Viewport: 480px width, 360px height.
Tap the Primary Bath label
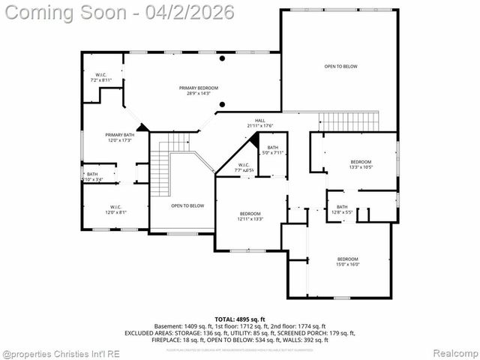[118, 137]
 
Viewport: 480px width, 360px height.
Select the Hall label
[260, 123]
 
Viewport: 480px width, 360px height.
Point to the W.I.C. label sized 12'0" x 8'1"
[115, 209]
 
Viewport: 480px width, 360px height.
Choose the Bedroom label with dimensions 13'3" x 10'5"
[361, 165]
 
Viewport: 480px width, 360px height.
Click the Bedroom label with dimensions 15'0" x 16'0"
[347, 261]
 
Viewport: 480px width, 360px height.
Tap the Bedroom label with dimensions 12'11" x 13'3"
[250, 216]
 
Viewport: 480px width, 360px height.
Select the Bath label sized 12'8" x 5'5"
[342, 209]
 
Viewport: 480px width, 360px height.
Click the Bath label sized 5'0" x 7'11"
[273, 150]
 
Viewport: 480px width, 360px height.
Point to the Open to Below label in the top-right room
[340, 67]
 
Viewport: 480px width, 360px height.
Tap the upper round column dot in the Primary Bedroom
[222, 58]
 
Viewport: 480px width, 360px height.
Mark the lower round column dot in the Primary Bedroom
[222, 104]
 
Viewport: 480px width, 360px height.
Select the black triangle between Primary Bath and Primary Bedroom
[142, 127]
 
